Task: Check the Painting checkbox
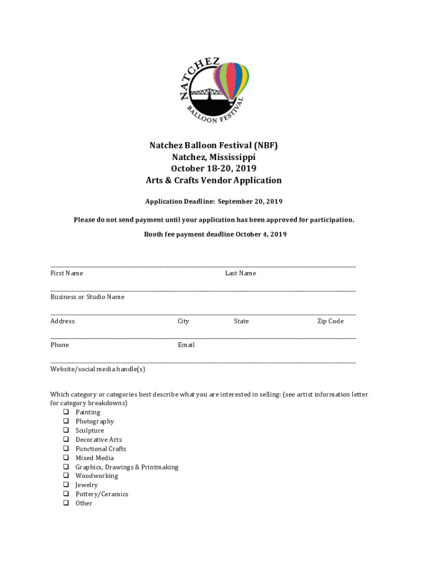click(66, 412)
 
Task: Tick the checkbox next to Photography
click(66, 421)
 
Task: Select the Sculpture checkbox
click(66, 431)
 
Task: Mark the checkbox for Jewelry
click(66, 485)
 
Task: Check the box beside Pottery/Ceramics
click(66, 494)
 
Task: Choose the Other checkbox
click(66, 503)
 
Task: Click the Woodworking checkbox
click(66, 476)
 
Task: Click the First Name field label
click(67, 273)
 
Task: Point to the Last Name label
click(240, 273)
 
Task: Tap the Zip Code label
click(330, 321)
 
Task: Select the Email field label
click(186, 345)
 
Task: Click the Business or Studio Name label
click(87, 297)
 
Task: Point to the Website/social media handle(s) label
click(98, 369)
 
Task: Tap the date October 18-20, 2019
click(213, 169)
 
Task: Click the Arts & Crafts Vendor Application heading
click(213, 181)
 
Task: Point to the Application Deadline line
click(213, 201)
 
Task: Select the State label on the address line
click(241, 321)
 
